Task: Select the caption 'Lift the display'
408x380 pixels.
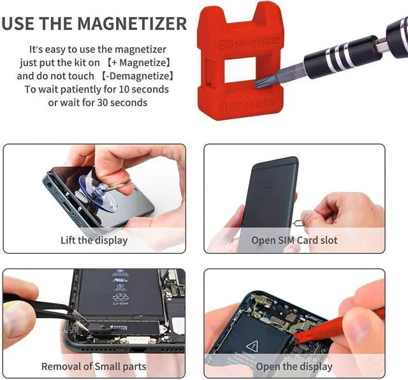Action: click(94, 240)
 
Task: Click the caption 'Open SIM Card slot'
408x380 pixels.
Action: click(295, 240)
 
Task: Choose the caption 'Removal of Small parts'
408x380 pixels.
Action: click(94, 366)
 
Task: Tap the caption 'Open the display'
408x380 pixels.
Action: click(294, 366)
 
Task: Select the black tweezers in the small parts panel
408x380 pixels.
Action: click(38, 303)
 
